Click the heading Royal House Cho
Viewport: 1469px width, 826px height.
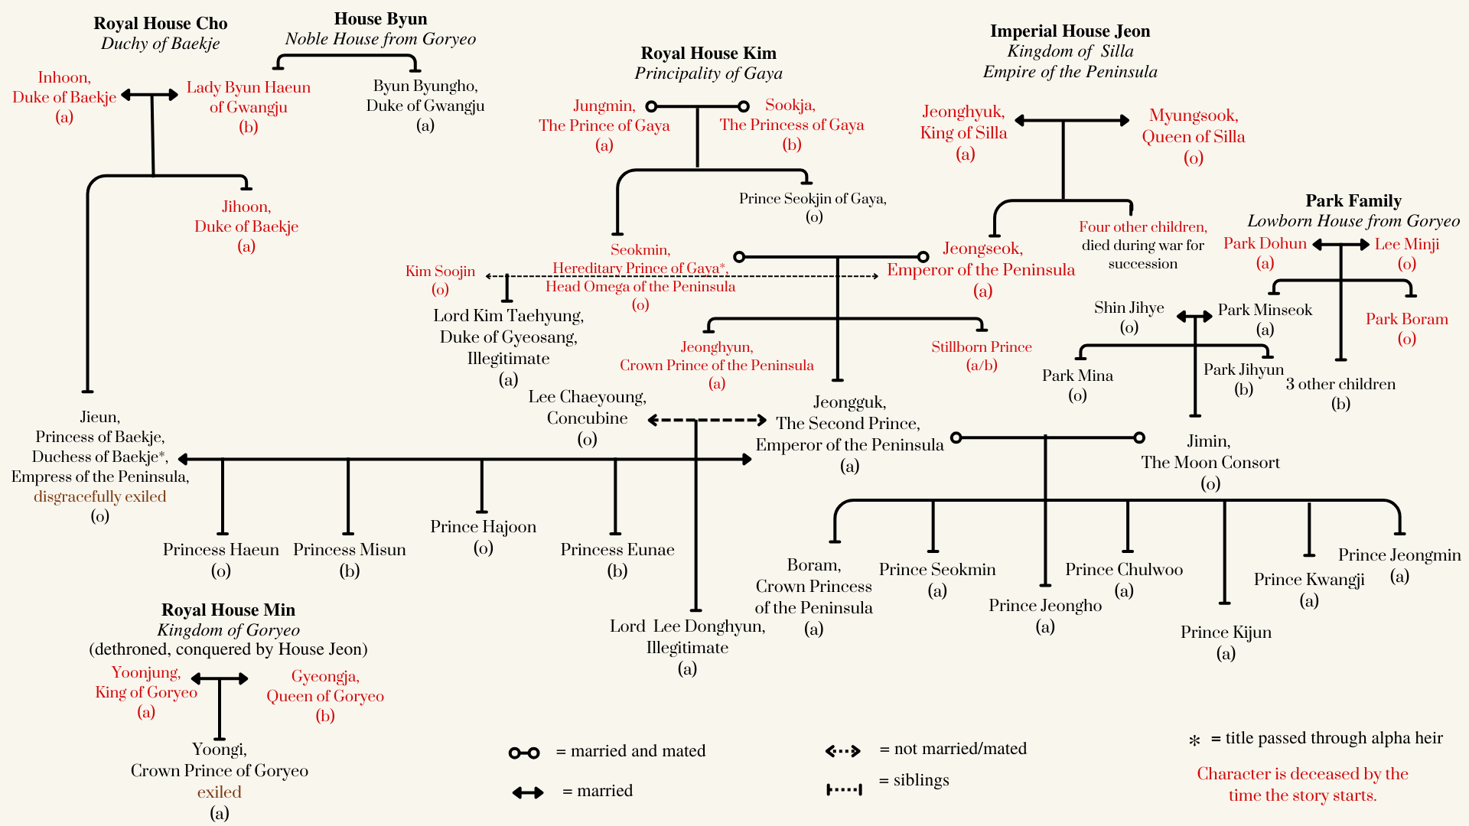[161, 24]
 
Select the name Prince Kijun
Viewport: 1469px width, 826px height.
[1226, 633]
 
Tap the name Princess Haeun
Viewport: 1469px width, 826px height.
[220, 550]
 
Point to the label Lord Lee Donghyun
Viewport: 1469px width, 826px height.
[687, 626]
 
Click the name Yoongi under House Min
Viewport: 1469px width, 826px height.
[220, 750]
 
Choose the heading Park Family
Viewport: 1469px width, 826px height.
[1353, 201]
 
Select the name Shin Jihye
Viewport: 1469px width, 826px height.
[1129, 307]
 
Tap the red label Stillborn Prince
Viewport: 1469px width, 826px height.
[981, 347]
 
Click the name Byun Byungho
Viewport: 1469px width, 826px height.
[425, 86]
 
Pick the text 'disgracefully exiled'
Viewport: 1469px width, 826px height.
[99, 496]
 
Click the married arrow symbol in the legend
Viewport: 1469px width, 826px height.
[528, 792]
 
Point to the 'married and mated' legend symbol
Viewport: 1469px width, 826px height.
[524, 753]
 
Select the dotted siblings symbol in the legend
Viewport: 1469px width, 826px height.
[844, 789]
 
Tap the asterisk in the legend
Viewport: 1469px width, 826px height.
[1194, 740]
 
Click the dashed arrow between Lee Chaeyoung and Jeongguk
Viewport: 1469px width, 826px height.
[707, 420]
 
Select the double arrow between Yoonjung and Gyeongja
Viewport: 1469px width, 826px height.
[220, 678]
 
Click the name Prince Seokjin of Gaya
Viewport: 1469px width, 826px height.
[813, 199]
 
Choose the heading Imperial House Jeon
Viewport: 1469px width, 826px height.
[1070, 31]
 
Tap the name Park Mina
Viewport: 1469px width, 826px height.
[1077, 376]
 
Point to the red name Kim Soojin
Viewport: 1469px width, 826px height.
[440, 272]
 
